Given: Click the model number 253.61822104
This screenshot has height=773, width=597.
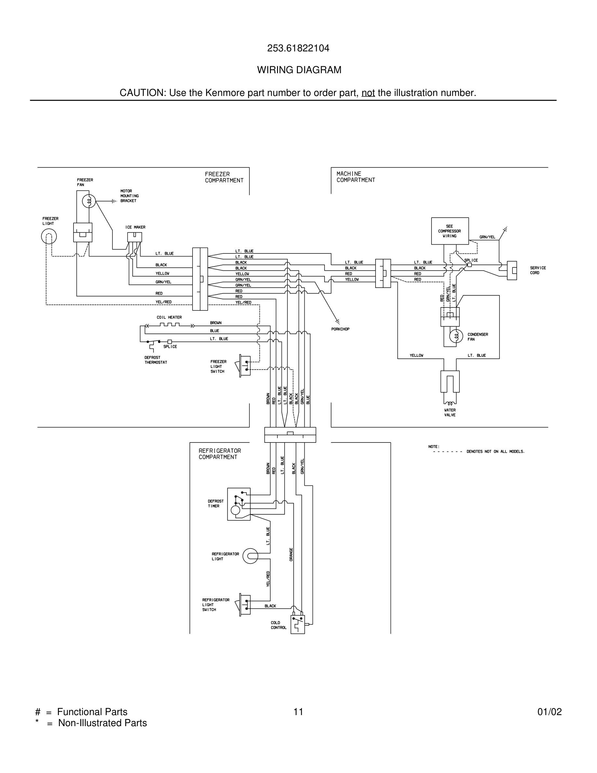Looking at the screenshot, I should (298, 48).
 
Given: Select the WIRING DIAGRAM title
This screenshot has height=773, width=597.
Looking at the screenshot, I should (299, 70).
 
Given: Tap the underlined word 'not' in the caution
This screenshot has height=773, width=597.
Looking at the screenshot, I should (368, 93).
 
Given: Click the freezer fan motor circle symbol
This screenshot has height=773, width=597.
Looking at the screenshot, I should (89, 201).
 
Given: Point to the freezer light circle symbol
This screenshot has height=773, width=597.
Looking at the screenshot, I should (49, 237).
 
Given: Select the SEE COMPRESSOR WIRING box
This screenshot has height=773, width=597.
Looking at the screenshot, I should (449, 231).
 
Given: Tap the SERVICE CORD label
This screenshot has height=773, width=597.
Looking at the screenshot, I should (537, 270).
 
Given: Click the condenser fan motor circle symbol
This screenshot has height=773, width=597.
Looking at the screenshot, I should (456, 336).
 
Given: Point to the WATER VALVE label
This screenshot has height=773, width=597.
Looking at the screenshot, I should (450, 412).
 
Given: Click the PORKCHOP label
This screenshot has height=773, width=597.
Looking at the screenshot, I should (340, 329).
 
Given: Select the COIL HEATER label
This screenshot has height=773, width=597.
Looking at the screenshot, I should (169, 318).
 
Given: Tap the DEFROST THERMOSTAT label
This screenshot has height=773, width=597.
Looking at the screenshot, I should (156, 360).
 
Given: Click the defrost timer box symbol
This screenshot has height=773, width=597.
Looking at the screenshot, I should (239, 504).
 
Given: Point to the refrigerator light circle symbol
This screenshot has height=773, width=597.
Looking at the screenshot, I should (250, 556).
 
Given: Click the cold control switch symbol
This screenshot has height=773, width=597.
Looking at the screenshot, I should (298, 624).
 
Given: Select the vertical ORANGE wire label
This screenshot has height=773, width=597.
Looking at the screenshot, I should (291, 554).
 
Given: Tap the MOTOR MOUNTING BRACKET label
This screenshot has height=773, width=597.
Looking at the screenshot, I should (129, 196).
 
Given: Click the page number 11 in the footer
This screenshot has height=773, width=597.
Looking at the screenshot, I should (298, 712).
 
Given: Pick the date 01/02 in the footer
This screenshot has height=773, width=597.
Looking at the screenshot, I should (549, 712).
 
